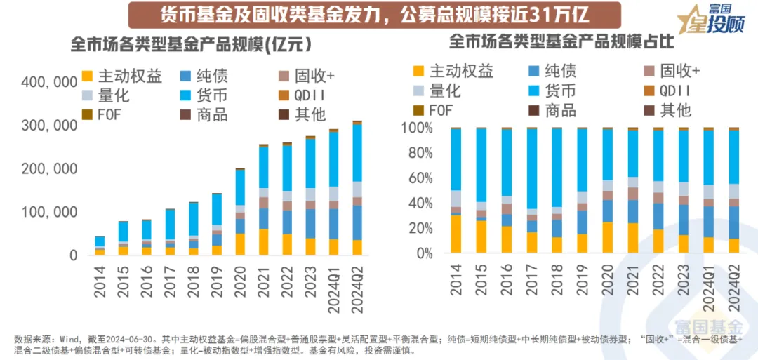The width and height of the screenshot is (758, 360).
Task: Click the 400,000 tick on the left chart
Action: point(49,81)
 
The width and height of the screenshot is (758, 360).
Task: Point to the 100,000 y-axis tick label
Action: point(49,213)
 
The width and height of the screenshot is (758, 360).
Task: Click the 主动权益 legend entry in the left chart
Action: point(122,76)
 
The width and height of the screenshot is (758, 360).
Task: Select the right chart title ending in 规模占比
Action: point(561,41)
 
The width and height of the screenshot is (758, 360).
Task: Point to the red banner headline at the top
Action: point(365,14)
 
